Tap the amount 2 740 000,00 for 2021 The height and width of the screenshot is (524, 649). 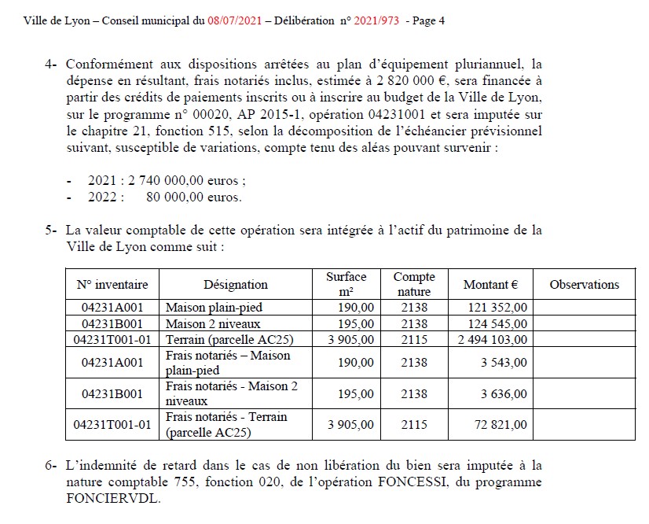pos(170,180)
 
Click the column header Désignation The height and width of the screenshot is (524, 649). pos(235,285)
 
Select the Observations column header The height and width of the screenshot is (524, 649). pos(584,285)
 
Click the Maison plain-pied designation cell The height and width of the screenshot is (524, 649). pos(214,308)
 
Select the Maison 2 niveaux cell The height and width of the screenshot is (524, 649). pos(212,323)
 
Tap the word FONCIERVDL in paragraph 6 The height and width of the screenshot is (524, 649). pos(112,498)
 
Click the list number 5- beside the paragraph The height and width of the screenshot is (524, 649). pos(52,231)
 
